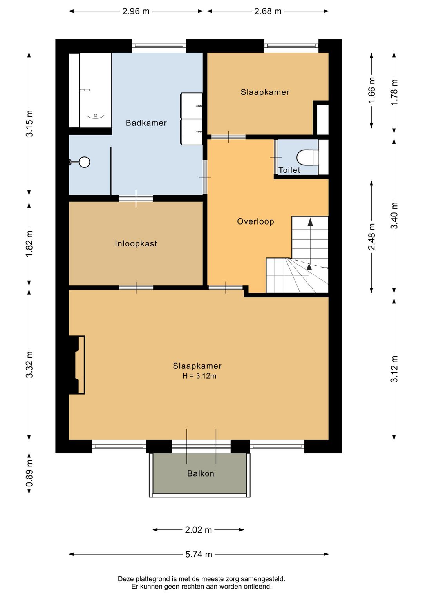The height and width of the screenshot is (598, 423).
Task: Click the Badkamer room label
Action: point(146,123)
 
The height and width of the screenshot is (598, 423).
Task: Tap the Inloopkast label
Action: point(136,243)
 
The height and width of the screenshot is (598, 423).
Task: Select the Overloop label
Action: point(255,221)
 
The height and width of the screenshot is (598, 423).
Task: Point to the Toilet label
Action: point(289,170)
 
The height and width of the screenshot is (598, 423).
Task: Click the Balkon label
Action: point(201,473)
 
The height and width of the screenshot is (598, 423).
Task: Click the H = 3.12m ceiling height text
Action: point(199,376)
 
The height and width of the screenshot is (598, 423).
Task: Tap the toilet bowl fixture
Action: point(308,157)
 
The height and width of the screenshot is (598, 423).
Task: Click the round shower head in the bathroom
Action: point(84,162)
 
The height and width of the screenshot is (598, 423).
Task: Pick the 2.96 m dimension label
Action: point(136,11)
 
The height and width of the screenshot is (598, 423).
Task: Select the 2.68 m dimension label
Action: point(268,11)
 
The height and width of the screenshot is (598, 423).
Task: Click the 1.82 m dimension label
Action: point(29,243)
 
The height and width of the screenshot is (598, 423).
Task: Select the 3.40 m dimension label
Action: point(394,216)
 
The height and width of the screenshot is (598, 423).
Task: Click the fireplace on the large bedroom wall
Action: point(77,365)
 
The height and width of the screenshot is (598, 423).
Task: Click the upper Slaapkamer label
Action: point(265,92)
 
